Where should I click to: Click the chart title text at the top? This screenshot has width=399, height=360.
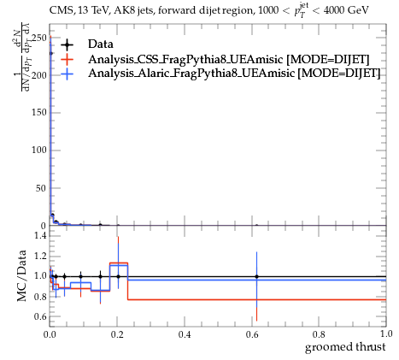[208, 11]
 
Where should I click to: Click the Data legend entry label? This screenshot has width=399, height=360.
[101, 44]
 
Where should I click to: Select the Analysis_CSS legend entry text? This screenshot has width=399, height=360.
[228, 59]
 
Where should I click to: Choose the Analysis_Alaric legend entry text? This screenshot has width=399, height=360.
[234, 74]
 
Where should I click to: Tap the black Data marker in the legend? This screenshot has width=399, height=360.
[67, 44]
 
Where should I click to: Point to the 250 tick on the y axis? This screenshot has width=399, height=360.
[39, 38]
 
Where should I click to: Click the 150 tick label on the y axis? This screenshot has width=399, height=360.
[39, 113]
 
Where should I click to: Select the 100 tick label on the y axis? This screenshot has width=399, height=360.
[39, 150]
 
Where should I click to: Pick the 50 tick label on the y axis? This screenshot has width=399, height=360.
[41, 188]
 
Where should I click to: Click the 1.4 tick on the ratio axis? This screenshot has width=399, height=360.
[41, 236]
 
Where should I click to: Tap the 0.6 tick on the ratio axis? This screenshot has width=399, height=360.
[41, 316]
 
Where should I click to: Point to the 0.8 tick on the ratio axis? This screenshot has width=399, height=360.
[41, 297]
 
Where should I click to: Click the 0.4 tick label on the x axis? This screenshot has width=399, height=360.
[185, 334]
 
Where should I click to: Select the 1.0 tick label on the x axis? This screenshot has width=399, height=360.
[386, 333]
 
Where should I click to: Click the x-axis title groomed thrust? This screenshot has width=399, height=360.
[345, 347]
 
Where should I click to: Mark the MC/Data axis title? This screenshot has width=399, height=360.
[21, 275]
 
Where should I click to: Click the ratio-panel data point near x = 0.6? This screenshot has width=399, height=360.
[256, 276]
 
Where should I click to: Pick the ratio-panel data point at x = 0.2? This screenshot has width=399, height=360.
[118, 276]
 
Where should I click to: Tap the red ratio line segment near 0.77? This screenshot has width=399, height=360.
[257, 299]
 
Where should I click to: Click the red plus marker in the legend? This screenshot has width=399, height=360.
[67, 59]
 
